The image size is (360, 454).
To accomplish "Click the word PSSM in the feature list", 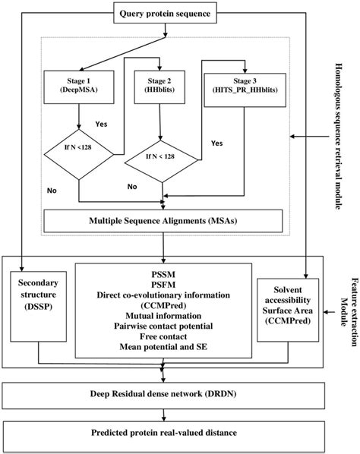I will coord(164,272).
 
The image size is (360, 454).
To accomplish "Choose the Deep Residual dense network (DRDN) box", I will coord(164,396).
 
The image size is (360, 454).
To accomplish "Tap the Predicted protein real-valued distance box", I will coord(164,434).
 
